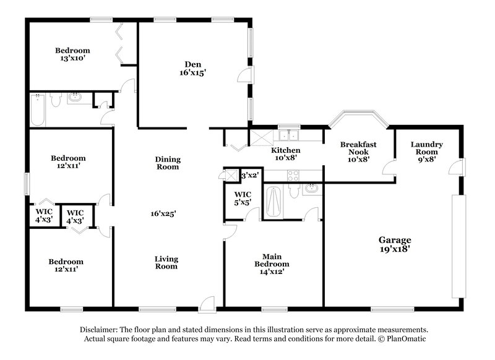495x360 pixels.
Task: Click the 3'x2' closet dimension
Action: pyautogui.click(x=250, y=175)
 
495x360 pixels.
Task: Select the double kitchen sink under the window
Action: pyautogui.click(x=288, y=136)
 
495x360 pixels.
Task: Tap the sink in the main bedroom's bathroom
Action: pyautogui.click(x=311, y=188)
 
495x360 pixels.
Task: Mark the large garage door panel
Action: pyautogui.click(x=457, y=246)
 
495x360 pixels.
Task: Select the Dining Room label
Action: pyautogui.click(x=167, y=163)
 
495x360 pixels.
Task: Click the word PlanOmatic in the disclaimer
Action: pyautogui.click(x=405, y=339)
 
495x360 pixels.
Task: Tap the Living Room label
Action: pyautogui.click(x=166, y=262)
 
